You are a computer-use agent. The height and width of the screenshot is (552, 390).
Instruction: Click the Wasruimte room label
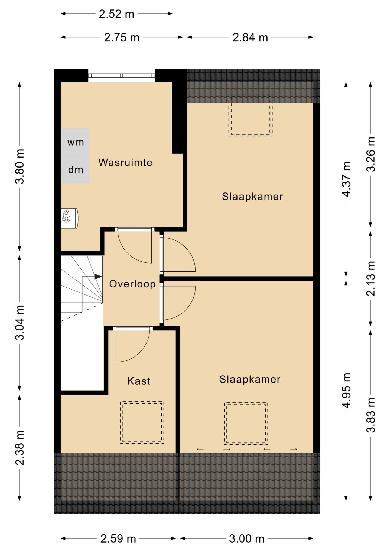(125, 162)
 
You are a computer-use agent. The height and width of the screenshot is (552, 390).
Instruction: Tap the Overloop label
(132, 284)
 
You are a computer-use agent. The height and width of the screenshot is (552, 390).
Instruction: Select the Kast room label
(139, 381)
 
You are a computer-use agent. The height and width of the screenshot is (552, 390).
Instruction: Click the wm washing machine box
(75, 142)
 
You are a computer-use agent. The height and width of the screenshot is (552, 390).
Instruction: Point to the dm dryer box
(75, 169)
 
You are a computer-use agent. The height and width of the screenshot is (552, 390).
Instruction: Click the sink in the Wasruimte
(70, 218)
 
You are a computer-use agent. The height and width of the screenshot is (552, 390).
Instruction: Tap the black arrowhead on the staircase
(98, 277)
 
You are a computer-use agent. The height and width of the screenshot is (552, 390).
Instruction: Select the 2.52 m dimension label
(116, 14)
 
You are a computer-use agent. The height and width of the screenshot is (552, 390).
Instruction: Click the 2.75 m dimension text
(122, 37)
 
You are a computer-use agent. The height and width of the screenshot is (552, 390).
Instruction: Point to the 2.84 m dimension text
(250, 37)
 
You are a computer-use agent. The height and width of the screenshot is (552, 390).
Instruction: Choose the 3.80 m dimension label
(20, 166)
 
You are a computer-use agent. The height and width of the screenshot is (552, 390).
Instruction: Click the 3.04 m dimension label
(20, 323)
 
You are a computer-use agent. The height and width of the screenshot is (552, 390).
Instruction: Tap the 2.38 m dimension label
(20, 448)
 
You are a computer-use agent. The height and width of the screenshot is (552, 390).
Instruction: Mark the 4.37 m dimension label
(346, 179)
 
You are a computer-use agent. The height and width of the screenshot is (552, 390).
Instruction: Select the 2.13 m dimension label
(370, 278)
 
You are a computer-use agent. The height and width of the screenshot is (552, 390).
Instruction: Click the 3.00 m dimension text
(246, 539)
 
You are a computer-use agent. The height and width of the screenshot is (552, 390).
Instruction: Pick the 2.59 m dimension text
(118, 539)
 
